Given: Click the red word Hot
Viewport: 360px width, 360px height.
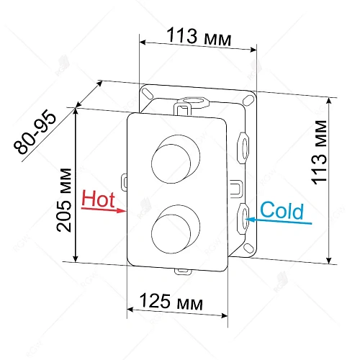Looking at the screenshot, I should [x=99, y=198].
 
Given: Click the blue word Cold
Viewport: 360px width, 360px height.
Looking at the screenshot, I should [x=282, y=211].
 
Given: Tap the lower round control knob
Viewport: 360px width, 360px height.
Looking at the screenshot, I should [x=172, y=226].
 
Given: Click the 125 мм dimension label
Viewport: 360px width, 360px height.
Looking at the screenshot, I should [x=173, y=301].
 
